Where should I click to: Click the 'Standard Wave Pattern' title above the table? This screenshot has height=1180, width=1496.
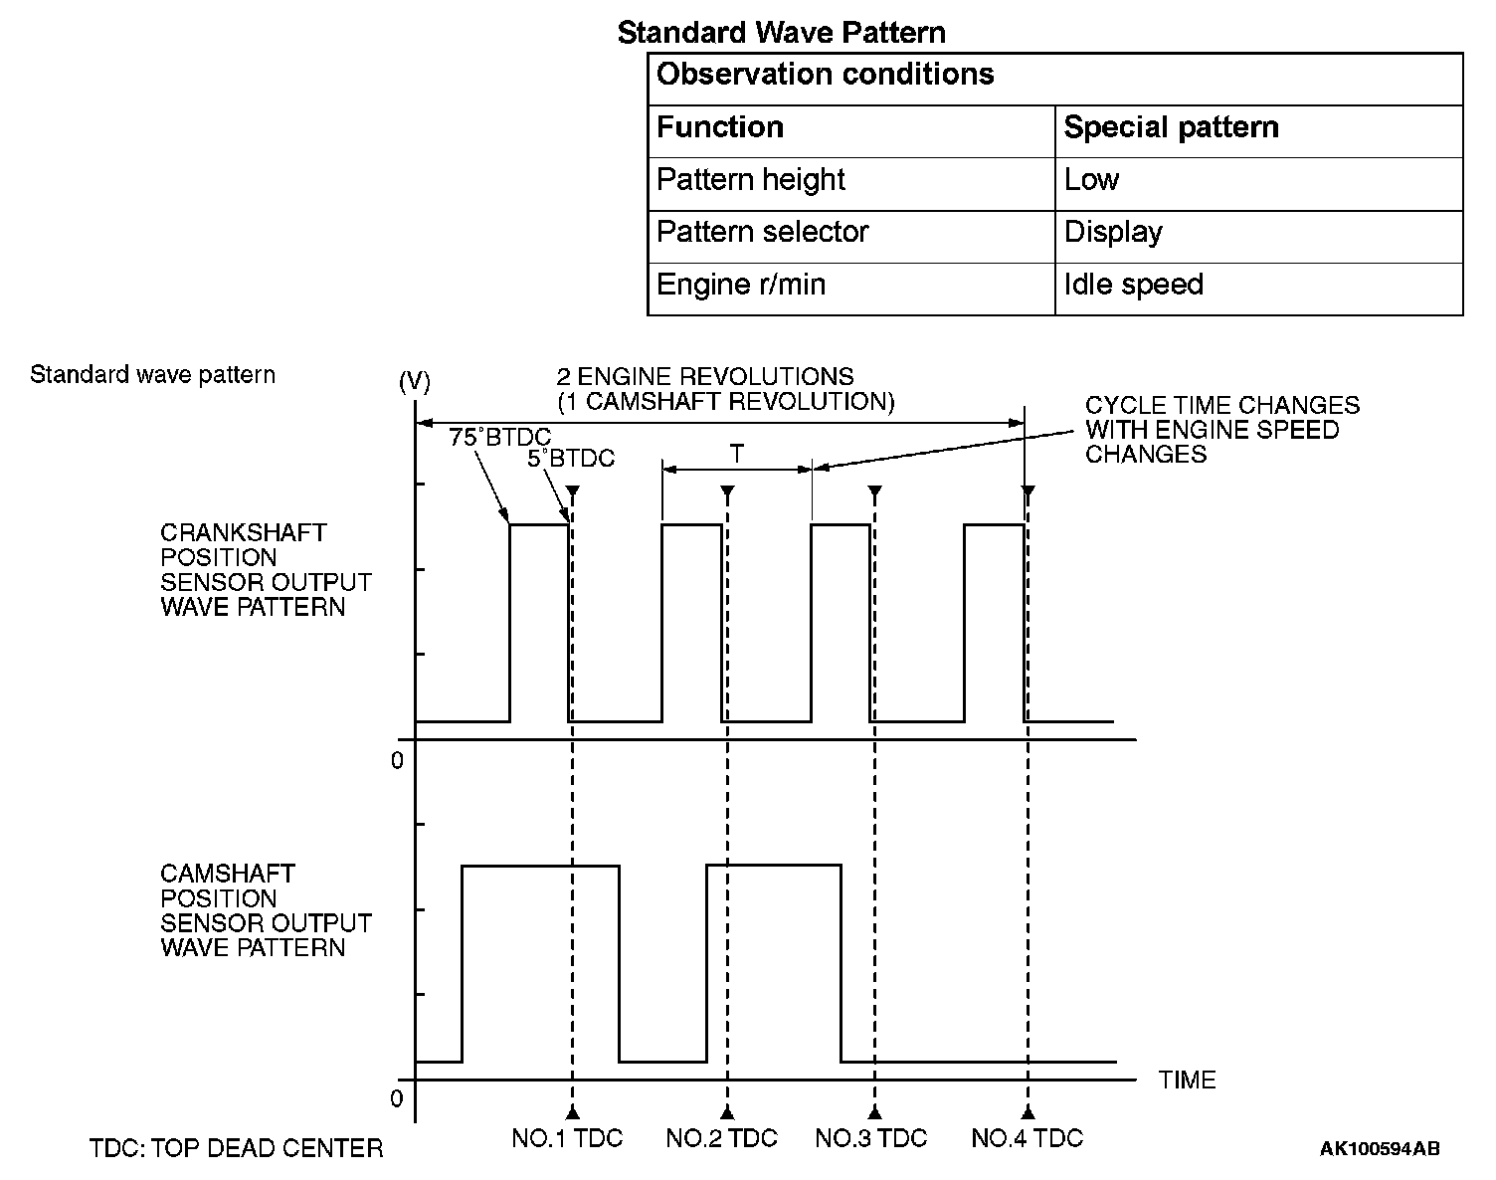coord(781,33)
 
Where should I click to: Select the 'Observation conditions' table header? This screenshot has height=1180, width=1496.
coord(826,75)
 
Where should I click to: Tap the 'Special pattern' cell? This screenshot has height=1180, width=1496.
coord(1171,127)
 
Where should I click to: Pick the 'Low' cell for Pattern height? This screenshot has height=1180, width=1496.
coord(1091,180)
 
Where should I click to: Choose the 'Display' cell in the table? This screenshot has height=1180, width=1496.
coord(1113,233)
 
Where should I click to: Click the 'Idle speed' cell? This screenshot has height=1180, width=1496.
coord(1133,285)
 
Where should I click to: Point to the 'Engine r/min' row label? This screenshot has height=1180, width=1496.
coord(741,285)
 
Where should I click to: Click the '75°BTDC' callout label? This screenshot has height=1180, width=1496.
coord(499,437)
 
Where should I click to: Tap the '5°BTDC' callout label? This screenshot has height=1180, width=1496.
coord(571,459)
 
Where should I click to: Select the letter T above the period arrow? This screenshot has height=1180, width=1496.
coord(736,455)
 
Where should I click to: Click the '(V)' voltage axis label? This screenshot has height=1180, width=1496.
coord(414,382)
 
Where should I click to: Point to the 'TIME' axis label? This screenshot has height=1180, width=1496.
coord(1187,1081)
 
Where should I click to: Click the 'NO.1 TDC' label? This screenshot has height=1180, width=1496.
coord(567,1138)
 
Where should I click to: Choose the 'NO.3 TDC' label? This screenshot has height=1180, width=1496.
coord(870,1138)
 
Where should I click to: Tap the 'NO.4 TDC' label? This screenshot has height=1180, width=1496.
coord(1027,1138)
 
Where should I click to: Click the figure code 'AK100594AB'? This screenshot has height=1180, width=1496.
coord(1380,1149)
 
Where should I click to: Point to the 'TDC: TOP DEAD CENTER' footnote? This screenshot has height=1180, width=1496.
coord(236,1149)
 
